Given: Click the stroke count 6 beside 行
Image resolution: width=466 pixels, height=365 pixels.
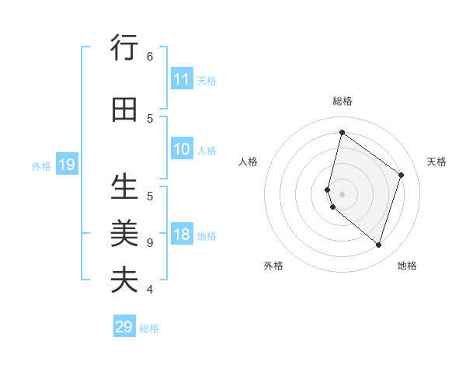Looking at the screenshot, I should (x=150, y=56).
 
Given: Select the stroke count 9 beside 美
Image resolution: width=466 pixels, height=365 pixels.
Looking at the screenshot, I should (x=150, y=242).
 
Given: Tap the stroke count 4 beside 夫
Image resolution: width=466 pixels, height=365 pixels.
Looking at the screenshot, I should (x=150, y=289).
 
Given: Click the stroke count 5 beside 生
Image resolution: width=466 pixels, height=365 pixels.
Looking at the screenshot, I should (x=150, y=196).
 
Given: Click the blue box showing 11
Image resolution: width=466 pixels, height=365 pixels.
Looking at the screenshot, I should (x=181, y=79).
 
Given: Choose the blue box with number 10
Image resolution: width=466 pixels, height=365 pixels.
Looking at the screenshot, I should (x=181, y=149).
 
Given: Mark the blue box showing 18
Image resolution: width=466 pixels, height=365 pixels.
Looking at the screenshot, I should (x=181, y=235).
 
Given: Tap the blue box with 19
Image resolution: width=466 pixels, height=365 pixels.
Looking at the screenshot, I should (x=66, y=165).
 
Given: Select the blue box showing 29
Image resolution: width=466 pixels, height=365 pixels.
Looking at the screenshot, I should (x=123, y=327).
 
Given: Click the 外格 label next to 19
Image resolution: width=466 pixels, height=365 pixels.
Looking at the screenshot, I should (x=41, y=165).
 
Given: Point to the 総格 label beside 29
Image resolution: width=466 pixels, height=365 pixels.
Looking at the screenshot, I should (x=149, y=328).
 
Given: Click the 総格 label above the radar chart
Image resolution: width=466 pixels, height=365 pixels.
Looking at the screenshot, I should (x=342, y=101).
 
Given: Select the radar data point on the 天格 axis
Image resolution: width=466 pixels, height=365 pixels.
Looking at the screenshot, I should (x=402, y=175).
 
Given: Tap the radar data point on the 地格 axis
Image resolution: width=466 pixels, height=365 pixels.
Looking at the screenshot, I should (x=378, y=245).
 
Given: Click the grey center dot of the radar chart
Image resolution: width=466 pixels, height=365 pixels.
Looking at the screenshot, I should (x=342, y=193).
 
